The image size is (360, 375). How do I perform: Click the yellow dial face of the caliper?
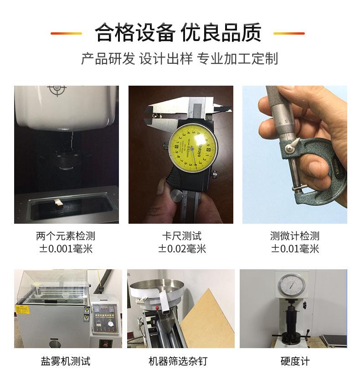pyautogui.click(x=194, y=149)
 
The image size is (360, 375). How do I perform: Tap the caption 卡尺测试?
pyautogui.click(x=182, y=236)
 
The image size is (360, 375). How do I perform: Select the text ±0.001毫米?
pyautogui.click(x=66, y=249)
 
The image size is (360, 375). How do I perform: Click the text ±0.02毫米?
pyautogui.click(x=182, y=249)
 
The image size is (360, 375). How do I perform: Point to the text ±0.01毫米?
pyautogui.click(x=295, y=249)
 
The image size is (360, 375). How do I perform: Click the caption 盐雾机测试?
pyautogui.click(x=66, y=361)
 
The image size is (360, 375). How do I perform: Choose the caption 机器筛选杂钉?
pyautogui.click(x=178, y=361)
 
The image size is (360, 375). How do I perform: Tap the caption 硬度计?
pyautogui.click(x=295, y=361)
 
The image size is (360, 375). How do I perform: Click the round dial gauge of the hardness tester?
pyautogui.click(x=292, y=286)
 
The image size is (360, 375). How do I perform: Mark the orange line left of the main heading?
pyautogui.click(x=66, y=33)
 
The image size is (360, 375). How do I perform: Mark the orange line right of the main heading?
pyautogui.click(x=289, y=33)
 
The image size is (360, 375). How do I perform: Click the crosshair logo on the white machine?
pyautogui.click(x=57, y=89)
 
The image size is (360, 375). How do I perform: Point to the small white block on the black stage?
pyautogui.click(x=58, y=203)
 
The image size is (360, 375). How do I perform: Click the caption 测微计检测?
pyautogui.click(x=295, y=236)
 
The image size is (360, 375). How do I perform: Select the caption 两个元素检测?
pyautogui.click(x=66, y=236)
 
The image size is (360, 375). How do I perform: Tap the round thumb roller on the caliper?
pyautogui.click(x=177, y=196)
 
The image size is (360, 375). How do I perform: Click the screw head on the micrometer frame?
pyautogui.click(x=289, y=149)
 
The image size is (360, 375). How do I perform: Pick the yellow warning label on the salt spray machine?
pyautogui.click(x=22, y=310)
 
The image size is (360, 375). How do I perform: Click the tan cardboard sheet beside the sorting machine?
pyautogui.click(x=208, y=320)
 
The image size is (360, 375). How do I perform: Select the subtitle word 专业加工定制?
pyautogui.click(x=237, y=59)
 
